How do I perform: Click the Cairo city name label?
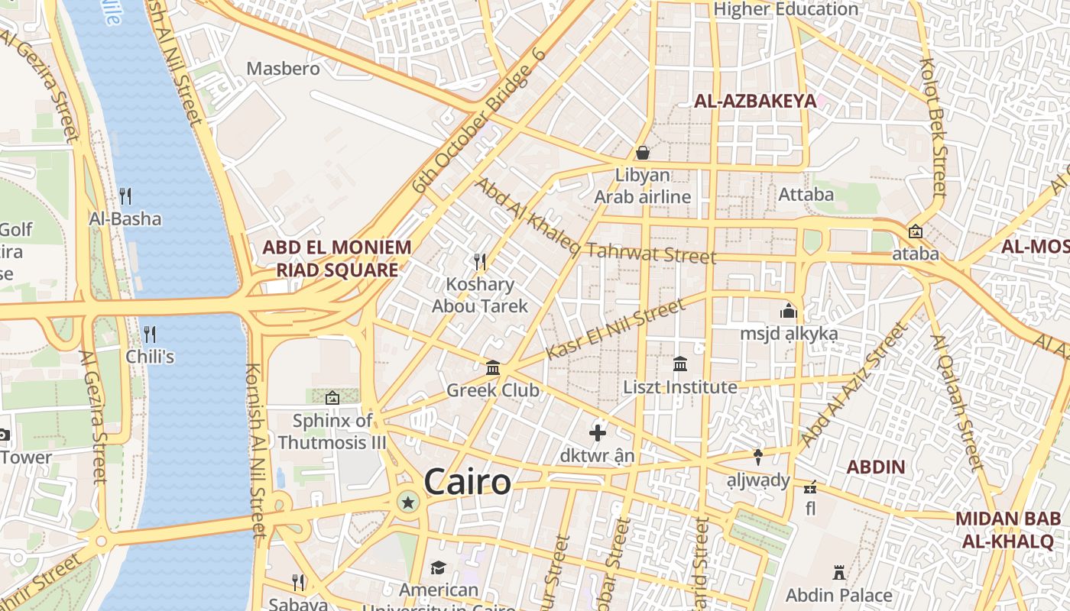[467, 482]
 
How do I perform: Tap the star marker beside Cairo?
[408, 502]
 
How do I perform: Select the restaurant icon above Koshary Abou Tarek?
[480, 262]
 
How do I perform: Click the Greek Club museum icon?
[493, 368]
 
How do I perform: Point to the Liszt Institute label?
[680, 387]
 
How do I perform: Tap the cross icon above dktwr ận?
[598, 433]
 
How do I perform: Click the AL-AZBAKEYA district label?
[754, 101]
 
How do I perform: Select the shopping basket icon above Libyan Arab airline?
[643, 153]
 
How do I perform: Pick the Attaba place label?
[806, 195]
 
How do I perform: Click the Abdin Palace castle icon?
[839, 572]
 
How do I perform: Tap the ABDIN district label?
[876, 467]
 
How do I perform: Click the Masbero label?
[283, 69]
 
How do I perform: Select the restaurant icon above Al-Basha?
[125, 196]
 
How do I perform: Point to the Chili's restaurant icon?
[150, 334]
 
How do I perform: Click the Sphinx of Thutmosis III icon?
[332, 398]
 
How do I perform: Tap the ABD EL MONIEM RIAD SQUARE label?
[337, 258]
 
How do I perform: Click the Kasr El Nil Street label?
[616, 329]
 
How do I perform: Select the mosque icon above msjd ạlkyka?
[788, 311]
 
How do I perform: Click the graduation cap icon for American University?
[438, 567]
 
